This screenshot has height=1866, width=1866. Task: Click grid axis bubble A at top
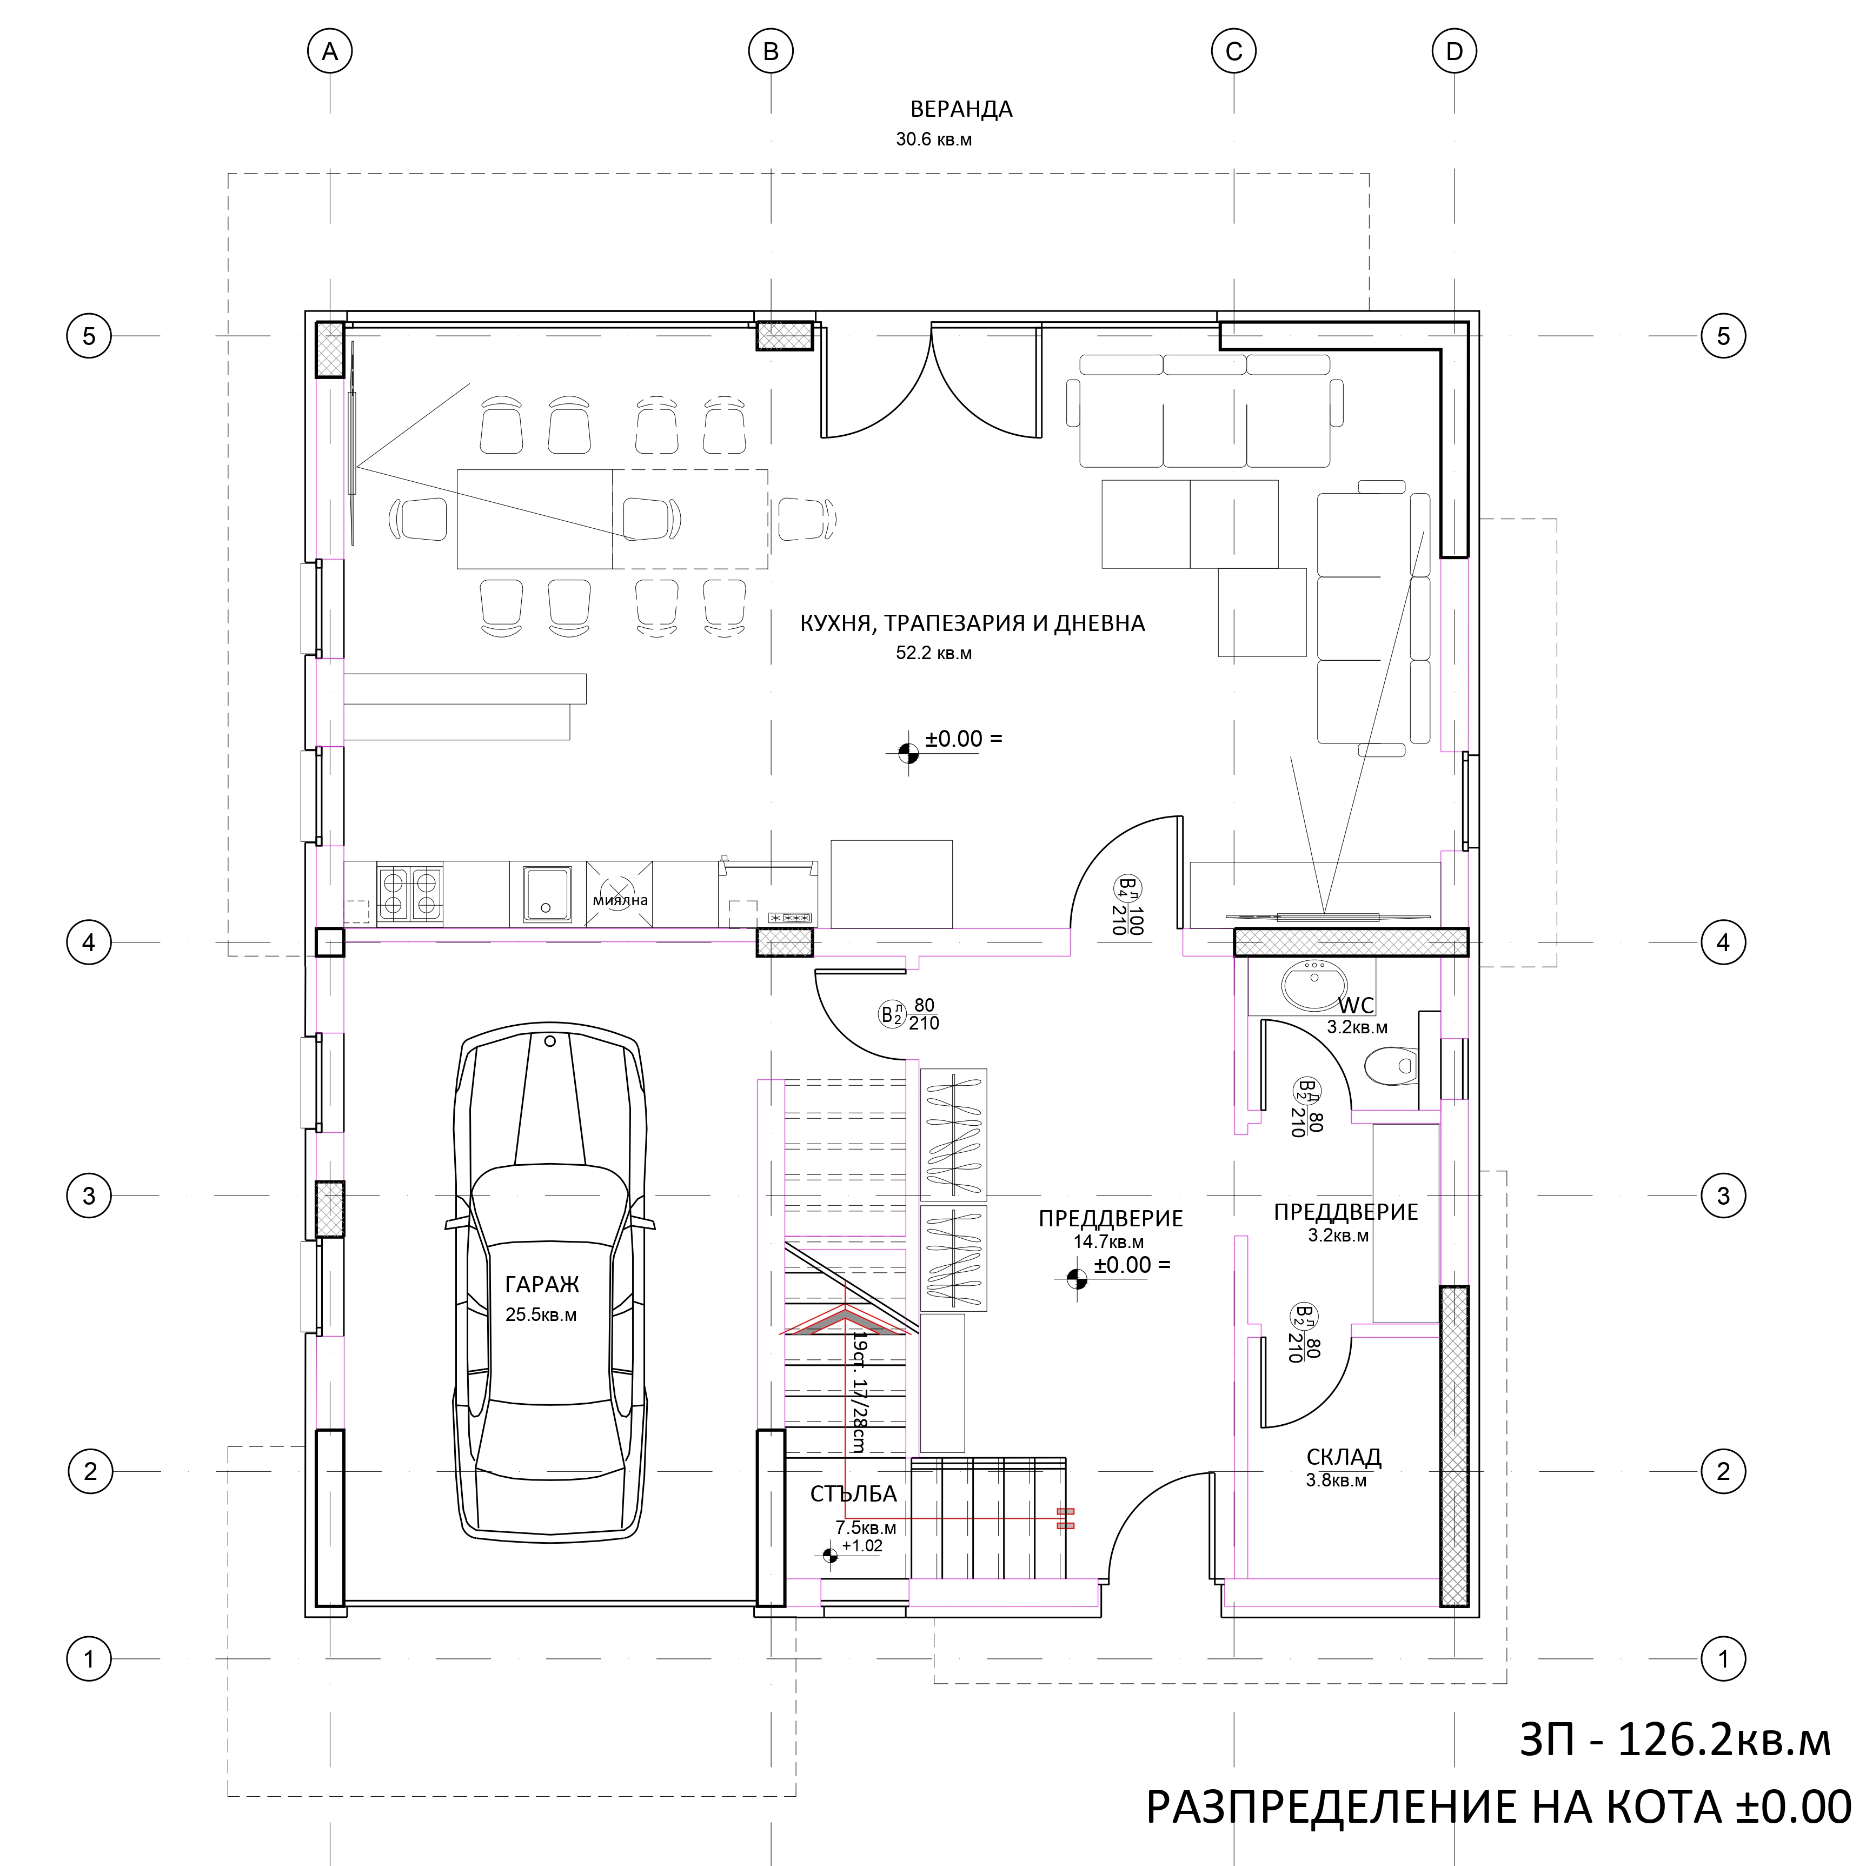coord(329,51)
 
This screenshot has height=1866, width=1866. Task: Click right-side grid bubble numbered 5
coord(1723,336)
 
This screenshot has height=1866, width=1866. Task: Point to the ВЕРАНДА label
coord(961,109)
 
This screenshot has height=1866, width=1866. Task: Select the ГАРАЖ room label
coord(542,1285)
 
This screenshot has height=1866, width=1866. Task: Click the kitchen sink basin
coord(547,893)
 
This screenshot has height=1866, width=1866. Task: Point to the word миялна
coord(620,900)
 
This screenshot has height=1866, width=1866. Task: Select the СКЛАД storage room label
coord(1344,1457)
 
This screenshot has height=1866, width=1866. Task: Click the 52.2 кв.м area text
coord(934,653)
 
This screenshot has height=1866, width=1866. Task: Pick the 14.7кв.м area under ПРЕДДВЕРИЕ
coord(1109,1242)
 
